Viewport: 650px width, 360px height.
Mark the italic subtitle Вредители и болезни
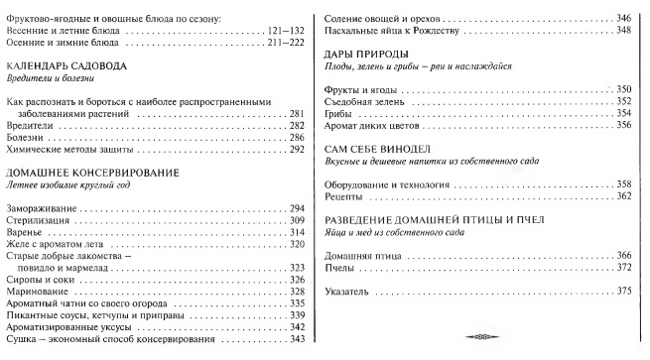pos(48,76)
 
